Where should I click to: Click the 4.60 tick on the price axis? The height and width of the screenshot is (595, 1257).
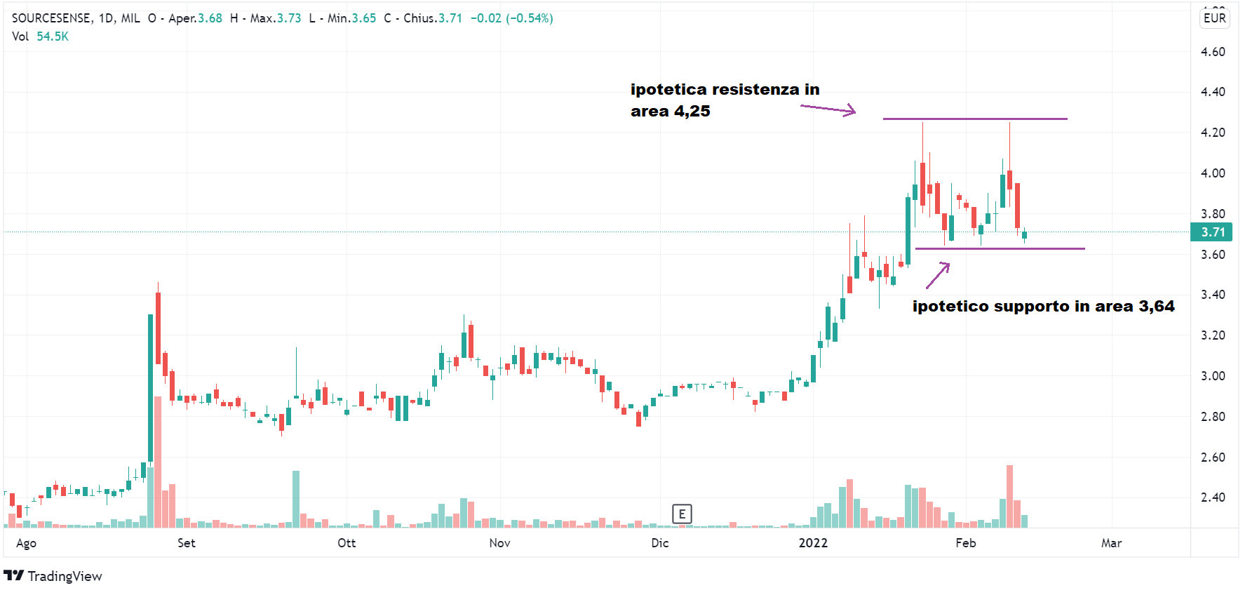coord(1213,52)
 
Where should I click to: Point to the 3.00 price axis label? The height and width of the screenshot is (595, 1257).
coord(1213,376)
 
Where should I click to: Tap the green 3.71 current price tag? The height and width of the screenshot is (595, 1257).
coord(1212,232)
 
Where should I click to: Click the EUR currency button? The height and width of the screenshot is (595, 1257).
coord(1214,18)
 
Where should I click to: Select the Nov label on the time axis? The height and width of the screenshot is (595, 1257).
coord(499,543)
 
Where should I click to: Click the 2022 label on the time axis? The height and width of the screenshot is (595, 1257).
coord(813,543)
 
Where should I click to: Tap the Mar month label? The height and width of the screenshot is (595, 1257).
coord(1111,543)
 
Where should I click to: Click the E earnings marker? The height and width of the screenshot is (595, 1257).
coord(682,514)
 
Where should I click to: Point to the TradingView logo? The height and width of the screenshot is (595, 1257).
coord(53,576)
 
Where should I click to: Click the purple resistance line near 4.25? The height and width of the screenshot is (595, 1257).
coord(975,119)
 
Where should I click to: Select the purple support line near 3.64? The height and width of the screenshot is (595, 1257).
coord(1000,248)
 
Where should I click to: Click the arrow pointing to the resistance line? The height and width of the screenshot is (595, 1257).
coord(828,109)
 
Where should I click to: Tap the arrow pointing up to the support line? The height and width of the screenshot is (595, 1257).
coord(938,275)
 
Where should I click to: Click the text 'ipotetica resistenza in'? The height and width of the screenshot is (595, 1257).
coord(725,90)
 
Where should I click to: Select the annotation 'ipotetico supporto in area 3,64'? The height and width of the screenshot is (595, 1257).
coord(1043,307)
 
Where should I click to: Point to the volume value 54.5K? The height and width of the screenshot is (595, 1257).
coord(53,36)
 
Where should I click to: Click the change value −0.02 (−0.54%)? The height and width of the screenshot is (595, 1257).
coord(511,18)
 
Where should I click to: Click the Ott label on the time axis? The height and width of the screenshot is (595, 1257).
coord(347,543)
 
